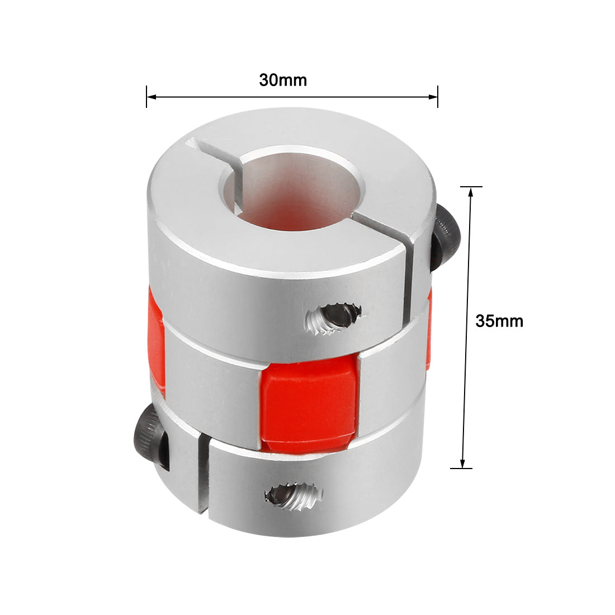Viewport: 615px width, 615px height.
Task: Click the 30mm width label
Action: [283, 80]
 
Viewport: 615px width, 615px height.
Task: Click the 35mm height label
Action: [499, 321]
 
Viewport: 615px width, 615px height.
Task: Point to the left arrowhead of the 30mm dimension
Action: [151, 97]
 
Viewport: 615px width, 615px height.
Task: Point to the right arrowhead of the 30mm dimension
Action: [433, 97]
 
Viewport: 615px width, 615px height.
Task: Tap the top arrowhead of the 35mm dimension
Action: [470, 192]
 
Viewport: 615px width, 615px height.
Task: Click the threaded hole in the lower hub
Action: [292, 495]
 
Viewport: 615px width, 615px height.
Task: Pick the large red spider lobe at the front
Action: [308, 405]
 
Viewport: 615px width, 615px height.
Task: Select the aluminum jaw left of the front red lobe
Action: [212, 386]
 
